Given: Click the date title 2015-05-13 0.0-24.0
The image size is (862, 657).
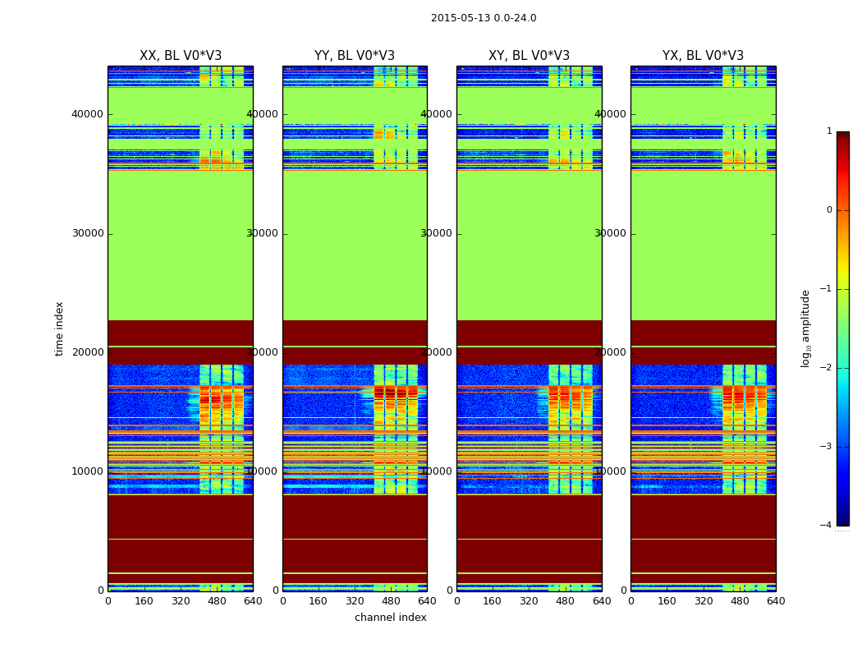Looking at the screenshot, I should tap(484, 18).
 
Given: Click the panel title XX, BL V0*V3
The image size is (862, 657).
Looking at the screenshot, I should tap(181, 56).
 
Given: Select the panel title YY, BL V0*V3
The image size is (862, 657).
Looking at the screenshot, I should tap(355, 56).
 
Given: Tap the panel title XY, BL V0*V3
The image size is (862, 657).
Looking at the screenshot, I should tap(529, 56).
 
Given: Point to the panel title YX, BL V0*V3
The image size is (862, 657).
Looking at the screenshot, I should tap(703, 56).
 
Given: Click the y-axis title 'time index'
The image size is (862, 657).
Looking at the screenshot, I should tap(59, 328).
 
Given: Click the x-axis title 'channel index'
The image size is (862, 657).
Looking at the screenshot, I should tap(391, 618).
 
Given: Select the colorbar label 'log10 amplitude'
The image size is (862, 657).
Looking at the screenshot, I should tap(805, 328).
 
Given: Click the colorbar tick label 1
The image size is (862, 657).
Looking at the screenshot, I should tap(829, 131).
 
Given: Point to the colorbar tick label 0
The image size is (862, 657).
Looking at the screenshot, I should tap(829, 210).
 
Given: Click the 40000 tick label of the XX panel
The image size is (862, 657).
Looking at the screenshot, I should tap(88, 114).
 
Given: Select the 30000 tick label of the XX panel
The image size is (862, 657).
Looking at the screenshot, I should tap(88, 233).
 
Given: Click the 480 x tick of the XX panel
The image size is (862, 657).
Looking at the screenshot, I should tap(217, 601).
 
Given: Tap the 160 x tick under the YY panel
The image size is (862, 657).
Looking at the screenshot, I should tap(319, 601).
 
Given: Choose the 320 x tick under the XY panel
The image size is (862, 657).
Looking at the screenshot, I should tap(529, 601).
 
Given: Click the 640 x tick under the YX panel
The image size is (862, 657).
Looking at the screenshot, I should tap(776, 601).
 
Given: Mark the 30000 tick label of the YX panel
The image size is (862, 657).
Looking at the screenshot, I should tap(611, 233).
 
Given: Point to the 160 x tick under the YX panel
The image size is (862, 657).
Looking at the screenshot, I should tap(667, 601).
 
